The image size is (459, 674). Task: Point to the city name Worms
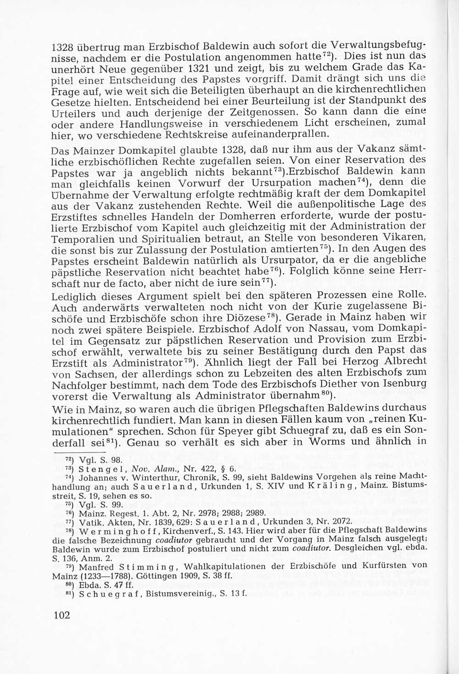tap(328, 442)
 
